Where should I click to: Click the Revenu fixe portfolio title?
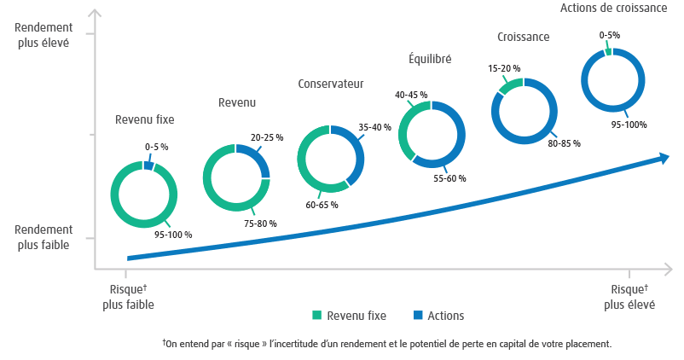coord(144,119)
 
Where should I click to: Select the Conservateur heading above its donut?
coord(330,84)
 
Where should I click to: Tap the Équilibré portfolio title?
coord(430,59)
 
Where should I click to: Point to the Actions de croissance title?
coord(613,9)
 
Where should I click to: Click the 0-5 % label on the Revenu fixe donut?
coord(156,147)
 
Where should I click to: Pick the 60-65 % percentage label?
coord(322,205)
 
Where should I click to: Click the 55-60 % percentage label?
coord(449,179)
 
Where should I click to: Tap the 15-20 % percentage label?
coord(504,68)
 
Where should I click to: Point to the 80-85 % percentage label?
coord(564,143)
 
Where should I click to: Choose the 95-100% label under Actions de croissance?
coord(629,125)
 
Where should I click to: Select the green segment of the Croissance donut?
coord(509,86)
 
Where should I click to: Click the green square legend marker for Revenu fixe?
coord(317,316)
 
